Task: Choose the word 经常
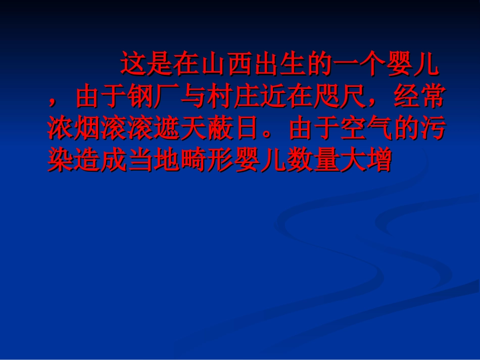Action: (x=418, y=97)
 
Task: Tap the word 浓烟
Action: (x=74, y=130)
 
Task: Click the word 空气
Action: (x=366, y=130)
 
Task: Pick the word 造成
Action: (x=100, y=162)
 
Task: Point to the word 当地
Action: (x=154, y=162)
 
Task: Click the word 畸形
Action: (x=207, y=162)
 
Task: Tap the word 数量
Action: (x=313, y=162)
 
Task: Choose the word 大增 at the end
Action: (x=366, y=162)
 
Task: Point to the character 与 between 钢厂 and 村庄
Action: (x=194, y=97)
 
